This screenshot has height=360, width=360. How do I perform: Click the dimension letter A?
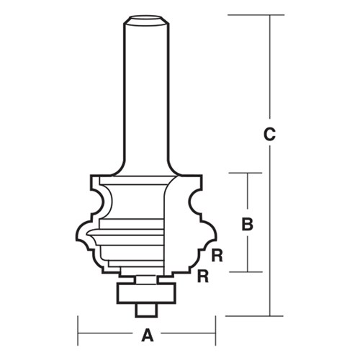(147, 335)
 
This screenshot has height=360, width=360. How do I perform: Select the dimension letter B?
(247, 224)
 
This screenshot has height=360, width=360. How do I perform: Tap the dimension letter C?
(269, 134)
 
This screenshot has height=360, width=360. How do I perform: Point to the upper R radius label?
(215, 253)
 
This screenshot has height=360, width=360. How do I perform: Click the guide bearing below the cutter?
(147, 291)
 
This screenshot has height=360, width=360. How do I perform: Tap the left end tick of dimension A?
(78, 335)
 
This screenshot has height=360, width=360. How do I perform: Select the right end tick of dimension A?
(215, 335)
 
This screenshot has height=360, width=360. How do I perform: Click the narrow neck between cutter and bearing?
(147, 278)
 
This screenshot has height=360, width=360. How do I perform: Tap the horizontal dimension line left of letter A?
(108, 335)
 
